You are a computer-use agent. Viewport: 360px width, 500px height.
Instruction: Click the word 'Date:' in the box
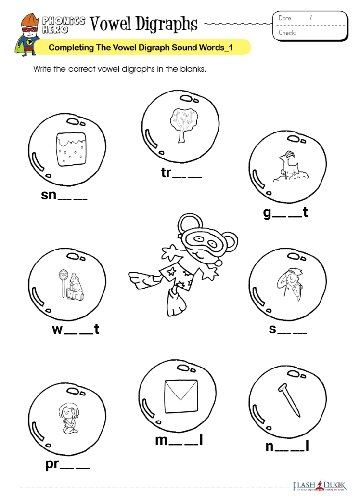click(285, 18)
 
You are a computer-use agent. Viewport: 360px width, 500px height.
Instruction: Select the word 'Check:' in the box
click(287, 33)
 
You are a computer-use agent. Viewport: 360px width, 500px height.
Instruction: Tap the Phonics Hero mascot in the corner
click(30, 34)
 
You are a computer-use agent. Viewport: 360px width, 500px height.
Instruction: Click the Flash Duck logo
click(319, 485)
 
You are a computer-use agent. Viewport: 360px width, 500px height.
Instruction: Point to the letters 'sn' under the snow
click(49, 195)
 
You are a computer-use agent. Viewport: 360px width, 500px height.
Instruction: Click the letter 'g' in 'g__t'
click(267, 212)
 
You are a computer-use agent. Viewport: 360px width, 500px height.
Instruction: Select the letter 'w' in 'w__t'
click(57, 329)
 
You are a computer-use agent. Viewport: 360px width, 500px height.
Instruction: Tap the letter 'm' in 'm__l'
click(161, 439)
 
